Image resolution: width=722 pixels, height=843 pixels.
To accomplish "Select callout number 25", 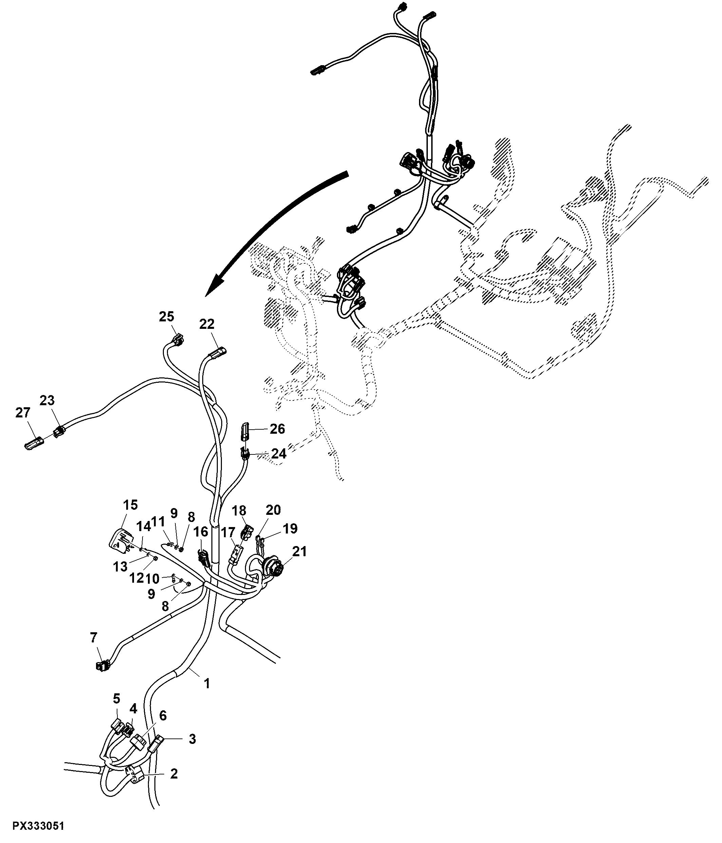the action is click(166, 316).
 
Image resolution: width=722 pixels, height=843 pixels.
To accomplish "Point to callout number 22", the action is click(207, 324).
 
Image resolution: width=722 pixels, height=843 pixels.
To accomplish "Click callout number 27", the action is click(23, 413).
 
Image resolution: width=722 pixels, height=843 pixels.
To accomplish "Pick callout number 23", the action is click(47, 400).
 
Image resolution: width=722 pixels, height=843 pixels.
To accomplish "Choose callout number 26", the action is click(278, 429).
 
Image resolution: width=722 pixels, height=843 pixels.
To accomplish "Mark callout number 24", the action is click(279, 453).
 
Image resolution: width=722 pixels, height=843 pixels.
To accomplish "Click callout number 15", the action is click(130, 505).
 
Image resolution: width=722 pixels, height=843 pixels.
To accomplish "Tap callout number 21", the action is click(299, 552).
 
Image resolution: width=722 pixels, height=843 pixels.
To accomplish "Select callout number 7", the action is click(94, 638).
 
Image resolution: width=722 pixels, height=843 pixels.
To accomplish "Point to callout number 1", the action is click(207, 683).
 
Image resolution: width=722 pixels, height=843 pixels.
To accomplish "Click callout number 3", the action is click(192, 739).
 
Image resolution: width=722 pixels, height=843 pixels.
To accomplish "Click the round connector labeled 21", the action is click(271, 566).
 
